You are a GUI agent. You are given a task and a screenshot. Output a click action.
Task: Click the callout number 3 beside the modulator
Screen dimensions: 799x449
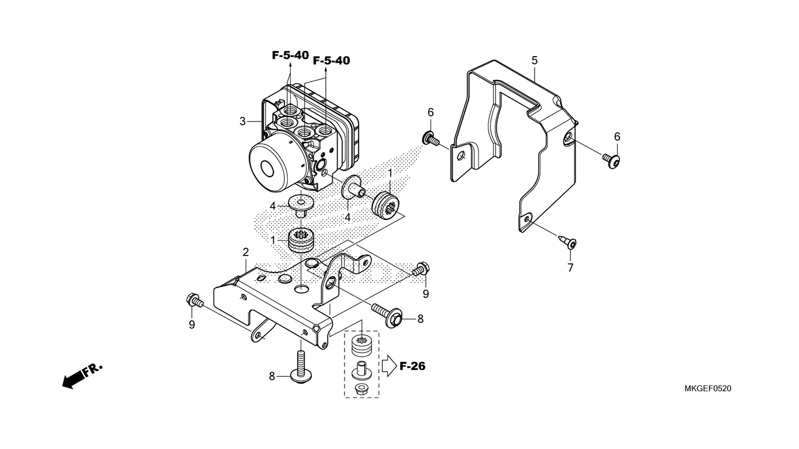(x=243, y=122)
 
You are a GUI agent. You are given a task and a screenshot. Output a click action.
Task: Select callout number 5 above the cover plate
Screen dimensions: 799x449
(x=535, y=60)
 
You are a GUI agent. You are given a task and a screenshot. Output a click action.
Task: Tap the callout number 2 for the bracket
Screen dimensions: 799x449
(x=246, y=253)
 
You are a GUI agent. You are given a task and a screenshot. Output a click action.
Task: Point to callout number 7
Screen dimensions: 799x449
(x=570, y=268)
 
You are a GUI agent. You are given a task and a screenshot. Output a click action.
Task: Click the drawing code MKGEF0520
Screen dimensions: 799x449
(x=708, y=388)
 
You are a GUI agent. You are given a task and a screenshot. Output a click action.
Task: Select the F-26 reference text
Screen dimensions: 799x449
(x=412, y=366)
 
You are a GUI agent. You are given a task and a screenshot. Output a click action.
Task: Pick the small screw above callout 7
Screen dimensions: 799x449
(x=567, y=242)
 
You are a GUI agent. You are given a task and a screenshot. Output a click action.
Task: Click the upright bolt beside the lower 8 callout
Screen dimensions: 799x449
(x=301, y=371)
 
